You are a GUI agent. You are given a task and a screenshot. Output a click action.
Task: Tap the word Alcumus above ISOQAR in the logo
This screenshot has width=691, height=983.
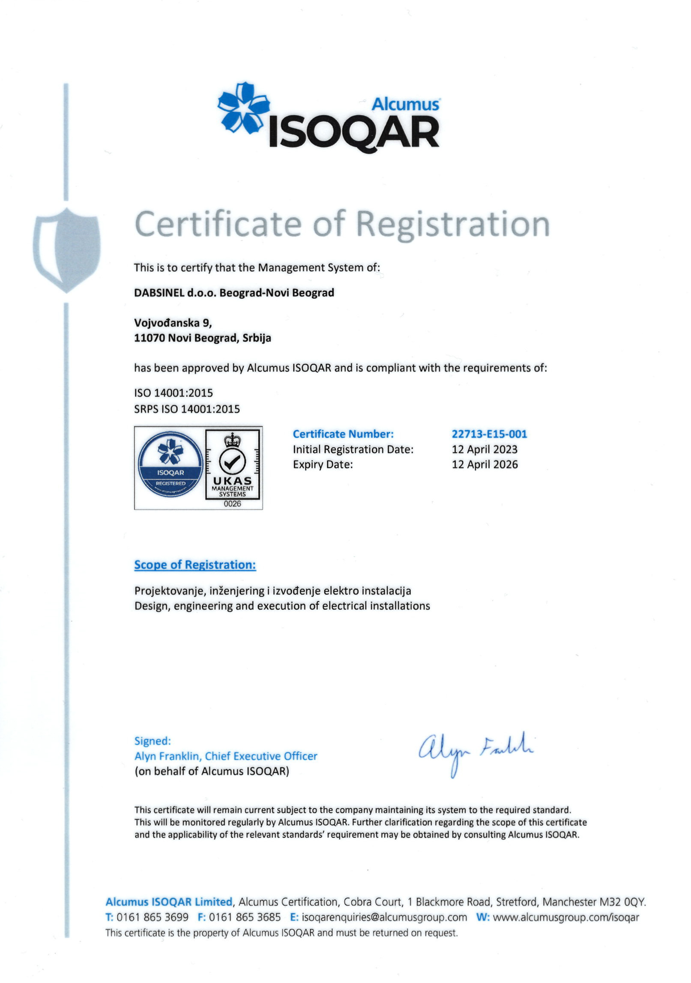coord(405,104)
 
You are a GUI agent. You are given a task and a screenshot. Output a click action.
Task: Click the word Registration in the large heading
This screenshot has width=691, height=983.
coord(453,224)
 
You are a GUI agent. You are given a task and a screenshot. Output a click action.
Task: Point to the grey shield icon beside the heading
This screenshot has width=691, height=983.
coord(67,249)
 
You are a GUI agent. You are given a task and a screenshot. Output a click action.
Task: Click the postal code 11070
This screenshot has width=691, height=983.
coord(149,338)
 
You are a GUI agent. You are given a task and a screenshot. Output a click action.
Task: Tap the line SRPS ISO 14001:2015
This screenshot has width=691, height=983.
coord(187,409)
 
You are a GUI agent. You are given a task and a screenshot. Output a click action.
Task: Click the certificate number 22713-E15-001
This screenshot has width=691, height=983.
coord(489,434)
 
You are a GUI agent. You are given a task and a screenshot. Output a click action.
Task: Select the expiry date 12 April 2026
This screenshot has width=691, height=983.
coord(484,464)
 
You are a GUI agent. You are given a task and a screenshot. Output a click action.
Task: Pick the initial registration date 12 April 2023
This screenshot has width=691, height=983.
coord(484,449)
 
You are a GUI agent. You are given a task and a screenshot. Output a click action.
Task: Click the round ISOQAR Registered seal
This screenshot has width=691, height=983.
coord(171,464)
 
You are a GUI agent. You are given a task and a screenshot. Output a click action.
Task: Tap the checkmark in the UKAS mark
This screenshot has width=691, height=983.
coord(232,462)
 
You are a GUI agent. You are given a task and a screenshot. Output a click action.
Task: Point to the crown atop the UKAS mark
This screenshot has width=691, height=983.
coord(232,439)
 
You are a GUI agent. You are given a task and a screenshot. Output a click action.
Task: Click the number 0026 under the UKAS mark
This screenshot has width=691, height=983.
coord(232,503)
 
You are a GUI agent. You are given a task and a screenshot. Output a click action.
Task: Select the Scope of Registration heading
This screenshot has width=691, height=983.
coord(195,565)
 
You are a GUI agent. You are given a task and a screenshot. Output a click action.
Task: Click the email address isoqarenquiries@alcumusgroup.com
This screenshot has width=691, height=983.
coord(384,917)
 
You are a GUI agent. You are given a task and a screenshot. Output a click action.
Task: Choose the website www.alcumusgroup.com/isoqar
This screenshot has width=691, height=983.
coord(565,917)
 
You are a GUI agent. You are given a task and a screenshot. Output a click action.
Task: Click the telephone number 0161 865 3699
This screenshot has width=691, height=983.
coord(152,917)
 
